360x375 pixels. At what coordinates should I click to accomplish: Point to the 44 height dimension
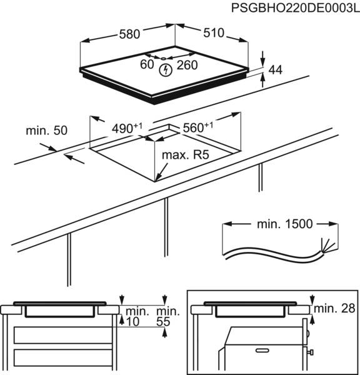(276, 70)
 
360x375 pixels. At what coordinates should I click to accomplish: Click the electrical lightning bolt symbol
(166, 70)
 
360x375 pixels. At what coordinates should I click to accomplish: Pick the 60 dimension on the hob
(147, 64)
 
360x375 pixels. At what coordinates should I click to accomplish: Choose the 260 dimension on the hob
(187, 64)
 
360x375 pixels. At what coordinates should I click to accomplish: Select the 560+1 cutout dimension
(197, 127)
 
